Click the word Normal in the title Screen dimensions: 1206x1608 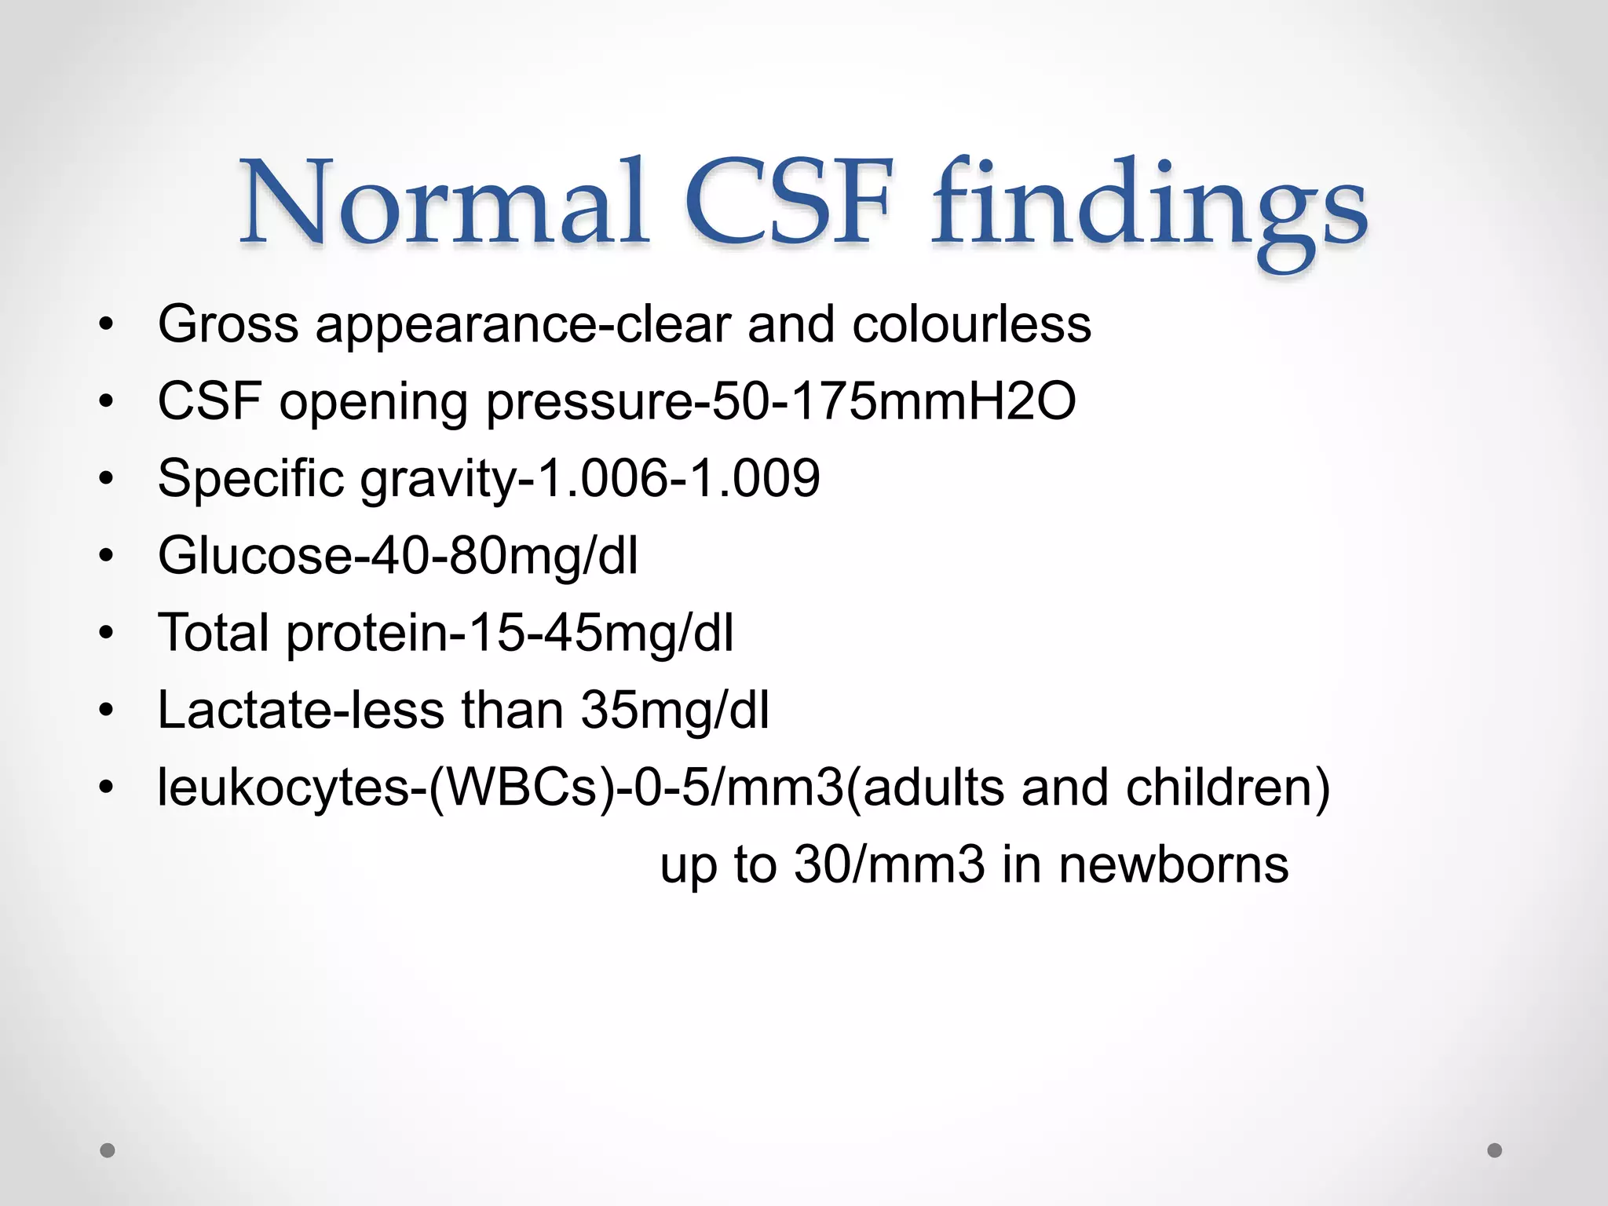point(444,203)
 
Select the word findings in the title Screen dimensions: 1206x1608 point(1149,206)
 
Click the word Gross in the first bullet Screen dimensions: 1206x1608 point(228,323)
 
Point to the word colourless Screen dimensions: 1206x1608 point(971,323)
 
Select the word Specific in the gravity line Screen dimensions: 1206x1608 point(250,479)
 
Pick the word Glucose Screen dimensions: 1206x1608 point(256,555)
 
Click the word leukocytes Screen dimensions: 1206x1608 point(283,788)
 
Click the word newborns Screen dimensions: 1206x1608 point(1173,864)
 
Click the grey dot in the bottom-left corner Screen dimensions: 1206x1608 point(108,1150)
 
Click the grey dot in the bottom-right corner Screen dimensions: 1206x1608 point(1495,1150)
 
